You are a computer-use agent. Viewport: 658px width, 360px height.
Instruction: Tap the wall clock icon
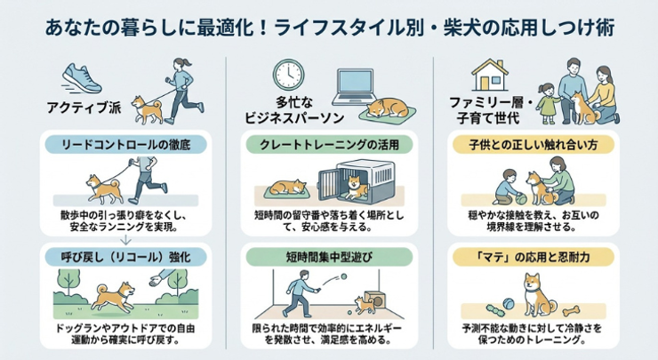[287, 76]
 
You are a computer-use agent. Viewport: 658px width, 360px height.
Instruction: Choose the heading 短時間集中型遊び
[329, 256]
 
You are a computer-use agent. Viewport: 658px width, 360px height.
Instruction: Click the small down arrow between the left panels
[124, 238]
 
